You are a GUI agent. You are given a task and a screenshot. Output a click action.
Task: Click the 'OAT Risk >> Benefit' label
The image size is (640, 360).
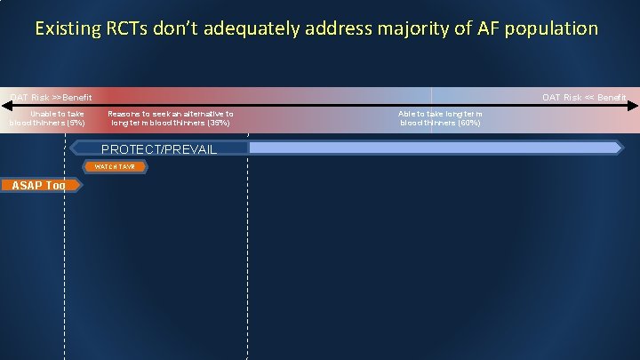[x=51, y=97]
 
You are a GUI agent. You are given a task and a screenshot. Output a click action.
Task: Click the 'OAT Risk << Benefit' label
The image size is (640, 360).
[x=584, y=97]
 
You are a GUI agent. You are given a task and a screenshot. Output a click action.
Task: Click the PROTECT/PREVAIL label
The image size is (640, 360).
[x=158, y=148]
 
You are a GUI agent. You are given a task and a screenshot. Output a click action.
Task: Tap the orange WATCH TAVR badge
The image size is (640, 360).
[x=116, y=166]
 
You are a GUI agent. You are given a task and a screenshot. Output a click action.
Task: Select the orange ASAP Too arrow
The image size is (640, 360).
[x=41, y=185]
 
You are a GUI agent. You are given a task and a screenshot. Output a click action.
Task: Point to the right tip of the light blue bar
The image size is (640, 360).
[x=621, y=148]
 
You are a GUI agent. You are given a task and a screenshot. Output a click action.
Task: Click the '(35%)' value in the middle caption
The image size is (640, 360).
[x=217, y=123]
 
